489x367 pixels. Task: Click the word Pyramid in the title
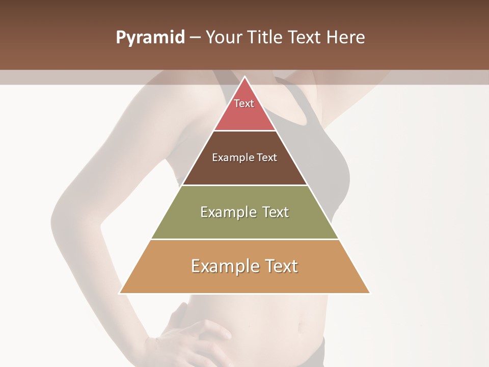pyautogui.click(x=150, y=38)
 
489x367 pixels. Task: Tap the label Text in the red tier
pyautogui.click(x=244, y=103)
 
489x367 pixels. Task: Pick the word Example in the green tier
pyautogui.click(x=227, y=212)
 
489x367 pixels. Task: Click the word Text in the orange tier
pyautogui.click(x=281, y=266)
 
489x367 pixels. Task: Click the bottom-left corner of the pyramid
pyautogui.click(x=120, y=293)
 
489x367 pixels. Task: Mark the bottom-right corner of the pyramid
pyautogui.click(x=369, y=293)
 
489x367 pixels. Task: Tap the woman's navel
pyautogui.click(x=302, y=326)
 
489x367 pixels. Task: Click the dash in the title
pyautogui.click(x=195, y=38)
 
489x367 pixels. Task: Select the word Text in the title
pyautogui.click(x=306, y=38)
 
